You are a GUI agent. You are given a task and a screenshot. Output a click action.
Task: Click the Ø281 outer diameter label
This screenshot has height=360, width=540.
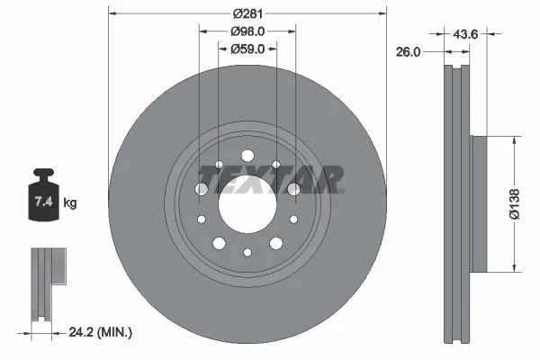coord(247,13)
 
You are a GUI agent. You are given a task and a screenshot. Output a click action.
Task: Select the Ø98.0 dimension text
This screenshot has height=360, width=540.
coord(247,31)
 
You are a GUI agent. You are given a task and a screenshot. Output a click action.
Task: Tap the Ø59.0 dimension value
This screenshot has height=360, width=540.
coord(247,49)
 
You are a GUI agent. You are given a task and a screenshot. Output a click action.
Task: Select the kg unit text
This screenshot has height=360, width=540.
coord(69,203)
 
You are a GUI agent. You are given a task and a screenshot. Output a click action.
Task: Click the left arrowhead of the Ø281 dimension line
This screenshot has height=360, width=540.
coord(111,13)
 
